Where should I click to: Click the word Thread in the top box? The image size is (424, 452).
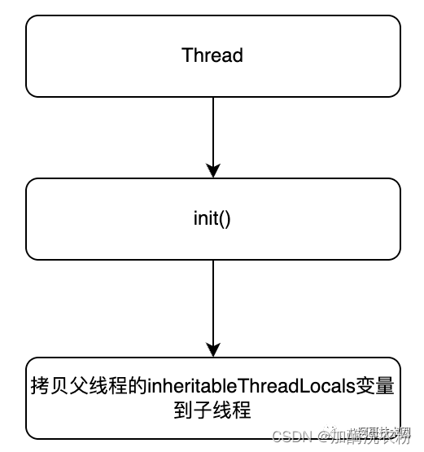click(x=212, y=55)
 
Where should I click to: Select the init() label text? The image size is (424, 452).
click(x=212, y=219)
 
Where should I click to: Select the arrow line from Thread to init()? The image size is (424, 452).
click(x=212, y=130)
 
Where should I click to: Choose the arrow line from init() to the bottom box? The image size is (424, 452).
click(x=212, y=301)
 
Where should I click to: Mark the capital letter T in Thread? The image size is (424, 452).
click(x=186, y=55)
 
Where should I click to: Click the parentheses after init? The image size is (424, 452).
click(x=226, y=219)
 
